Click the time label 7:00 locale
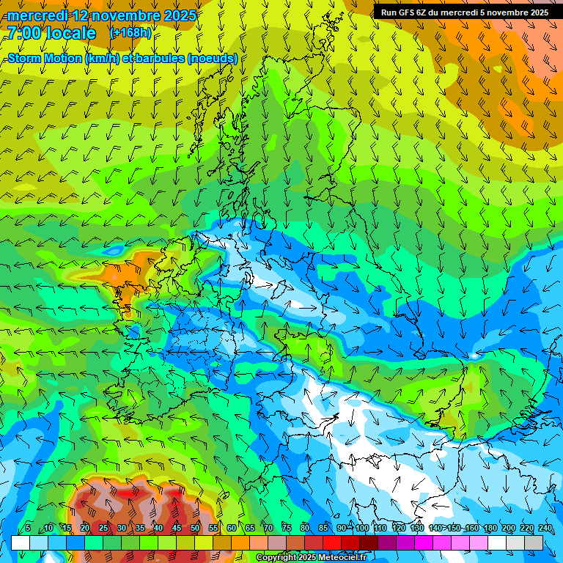pyautogui.click(x=51, y=32)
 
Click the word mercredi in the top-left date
pyautogui.click(x=37, y=15)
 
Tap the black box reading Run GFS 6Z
pyautogui.click(x=465, y=12)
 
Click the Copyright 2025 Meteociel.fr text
pyautogui.click(x=311, y=558)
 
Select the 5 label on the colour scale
pyautogui.click(x=28, y=528)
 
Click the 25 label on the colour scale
pyautogui.click(x=103, y=528)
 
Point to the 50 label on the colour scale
pyautogui.click(x=195, y=528)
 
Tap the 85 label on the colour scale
pyautogui.click(x=324, y=528)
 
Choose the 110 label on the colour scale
pyautogui.click(x=380, y=528)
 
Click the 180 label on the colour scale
pyautogui.click(x=490, y=528)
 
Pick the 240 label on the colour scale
pyautogui.click(x=545, y=528)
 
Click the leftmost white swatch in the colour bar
pyautogui.click(x=21, y=542)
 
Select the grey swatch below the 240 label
pyautogui.click(x=534, y=542)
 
